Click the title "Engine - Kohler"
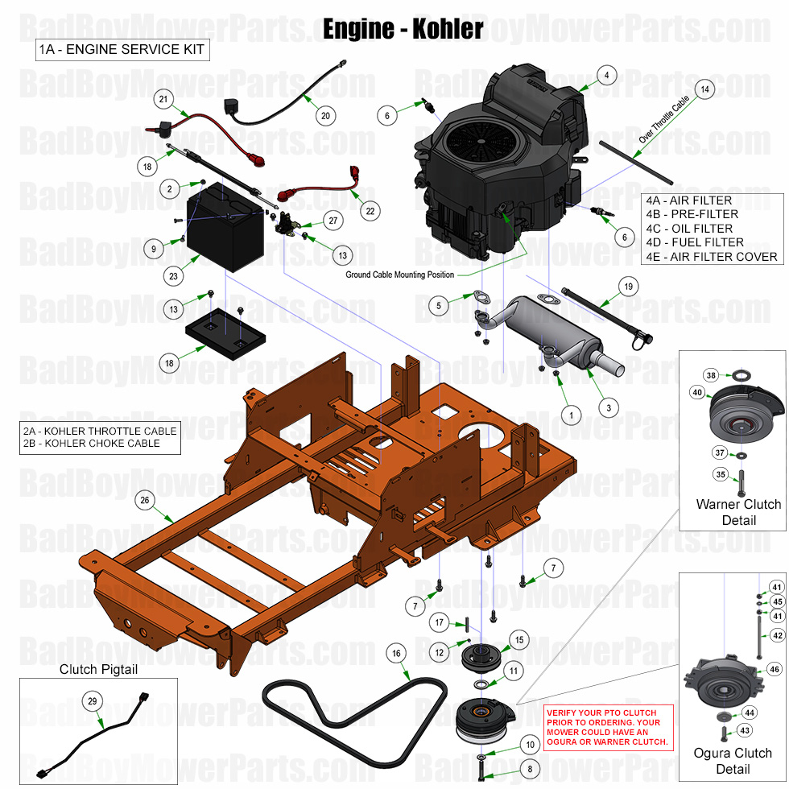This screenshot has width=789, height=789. point(403,28)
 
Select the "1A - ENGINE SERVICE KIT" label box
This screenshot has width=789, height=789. point(122,50)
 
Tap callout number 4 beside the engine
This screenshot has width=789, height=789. point(607,76)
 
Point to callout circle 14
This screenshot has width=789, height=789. point(704,90)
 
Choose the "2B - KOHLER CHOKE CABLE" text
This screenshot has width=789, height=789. point(92,444)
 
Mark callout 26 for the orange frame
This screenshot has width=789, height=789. point(144,500)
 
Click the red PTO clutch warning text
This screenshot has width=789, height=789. point(609,727)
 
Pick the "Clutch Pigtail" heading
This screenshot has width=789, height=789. point(98,669)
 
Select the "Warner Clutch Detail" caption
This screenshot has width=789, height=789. point(738,512)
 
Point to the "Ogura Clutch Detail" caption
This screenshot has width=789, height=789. point(733,761)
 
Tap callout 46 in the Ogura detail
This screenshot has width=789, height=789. point(775,669)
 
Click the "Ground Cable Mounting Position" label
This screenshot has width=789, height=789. point(400,275)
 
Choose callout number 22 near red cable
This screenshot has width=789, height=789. point(370,212)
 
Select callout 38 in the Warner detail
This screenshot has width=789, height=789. point(711,375)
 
